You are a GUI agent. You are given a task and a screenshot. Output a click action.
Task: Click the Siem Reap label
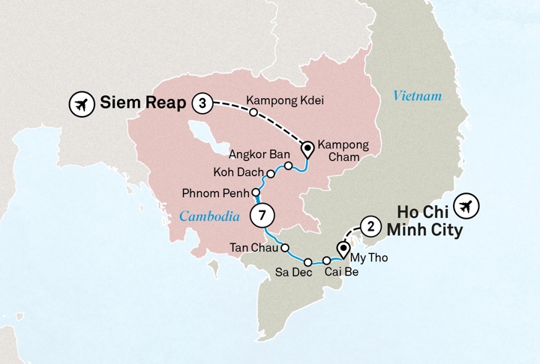[142, 103]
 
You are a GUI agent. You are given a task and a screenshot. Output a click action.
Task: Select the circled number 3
[201, 103]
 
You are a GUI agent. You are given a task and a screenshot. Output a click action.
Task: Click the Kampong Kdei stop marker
[253, 113]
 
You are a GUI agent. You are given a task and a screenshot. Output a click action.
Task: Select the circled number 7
[262, 215]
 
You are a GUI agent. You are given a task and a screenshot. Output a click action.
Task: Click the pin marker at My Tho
[343, 247]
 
